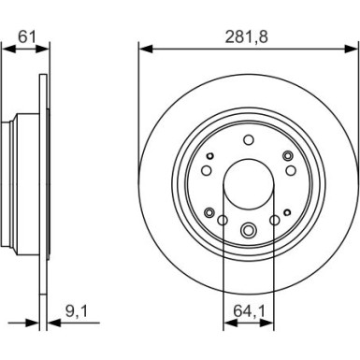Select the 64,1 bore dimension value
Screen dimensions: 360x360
tap(247, 305)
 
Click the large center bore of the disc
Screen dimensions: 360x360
tap(248, 183)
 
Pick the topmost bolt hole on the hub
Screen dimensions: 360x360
tap(248, 141)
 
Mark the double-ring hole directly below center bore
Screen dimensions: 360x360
tap(248, 231)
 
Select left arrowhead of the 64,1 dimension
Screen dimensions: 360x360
tap(227, 324)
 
